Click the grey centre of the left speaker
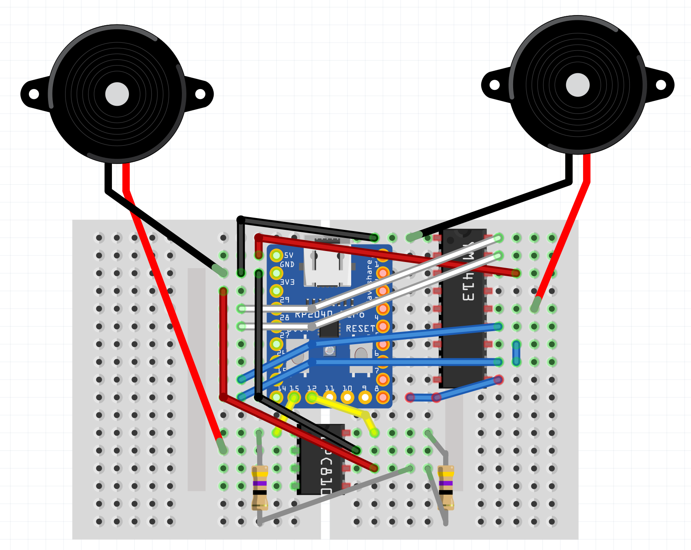[x=117, y=94]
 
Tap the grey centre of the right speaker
[x=577, y=85]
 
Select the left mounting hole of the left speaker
[x=34, y=94]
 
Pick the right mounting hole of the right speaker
[x=661, y=85]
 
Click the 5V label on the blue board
[x=289, y=255]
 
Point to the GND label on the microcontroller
[x=287, y=264]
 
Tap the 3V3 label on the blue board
[x=287, y=282]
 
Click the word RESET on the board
[x=360, y=329]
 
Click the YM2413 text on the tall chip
[x=468, y=271]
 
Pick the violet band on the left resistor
[x=260, y=484]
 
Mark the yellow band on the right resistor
[x=446, y=474]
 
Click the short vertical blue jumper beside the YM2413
[x=516, y=353]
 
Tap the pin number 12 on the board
[x=312, y=388]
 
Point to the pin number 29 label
[x=284, y=300]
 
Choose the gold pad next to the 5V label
[x=276, y=255]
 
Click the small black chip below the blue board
[x=321, y=460]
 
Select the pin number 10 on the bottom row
[x=347, y=388]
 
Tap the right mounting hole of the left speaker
[x=200, y=94]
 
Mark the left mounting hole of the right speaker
[x=494, y=85]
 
